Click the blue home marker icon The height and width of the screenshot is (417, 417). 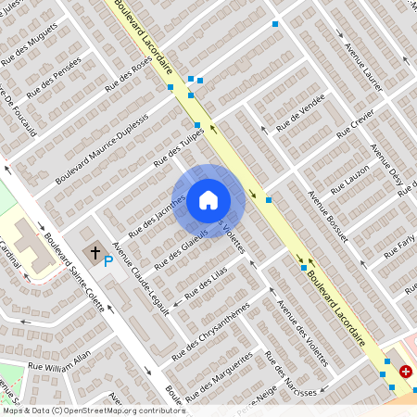pyautogui.click(x=208, y=199)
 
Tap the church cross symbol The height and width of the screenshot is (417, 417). pyautogui.click(x=94, y=252)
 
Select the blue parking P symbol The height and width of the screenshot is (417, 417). pyautogui.click(x=108, y=262)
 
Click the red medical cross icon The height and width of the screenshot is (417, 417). pyautogui.click(x=406, y=372)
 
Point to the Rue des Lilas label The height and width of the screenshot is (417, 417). pyautogui.click(x=206, y=282)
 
